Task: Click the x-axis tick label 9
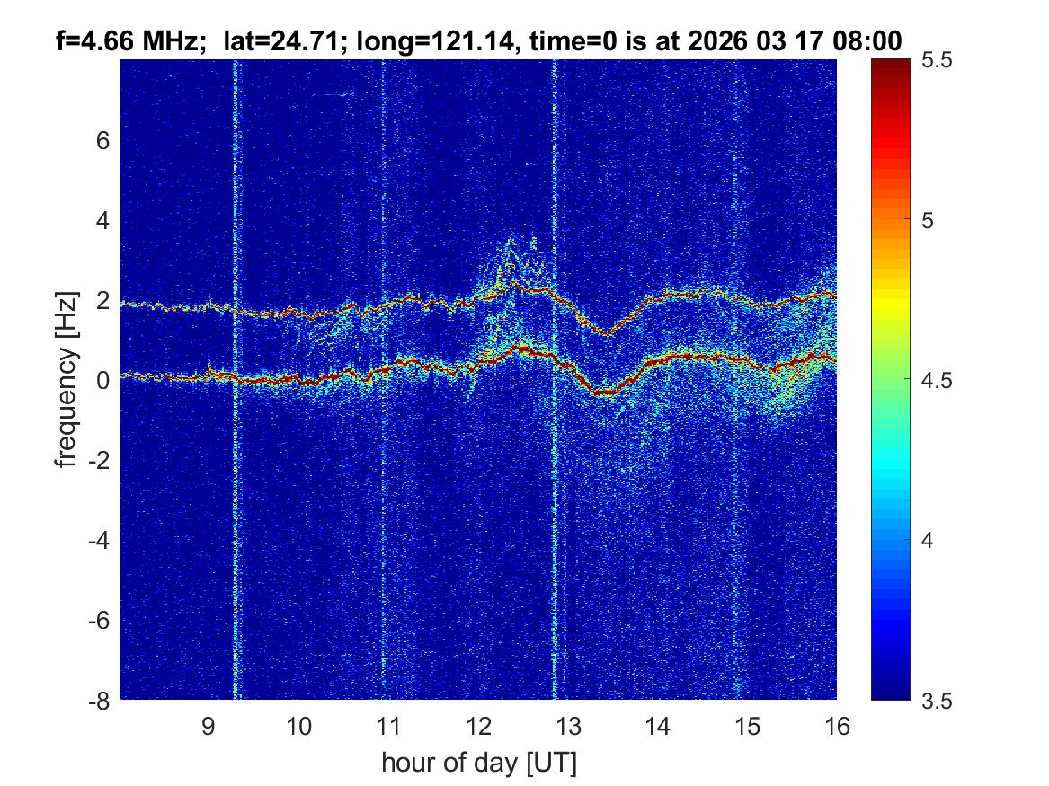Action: click(209, 726)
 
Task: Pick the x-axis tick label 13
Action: click(567, 726)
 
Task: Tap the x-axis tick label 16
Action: click(836, 726)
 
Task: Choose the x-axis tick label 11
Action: click(387, 726)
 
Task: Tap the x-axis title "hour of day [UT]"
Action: click(478, 763)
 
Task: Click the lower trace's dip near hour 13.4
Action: click(605, 393)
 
